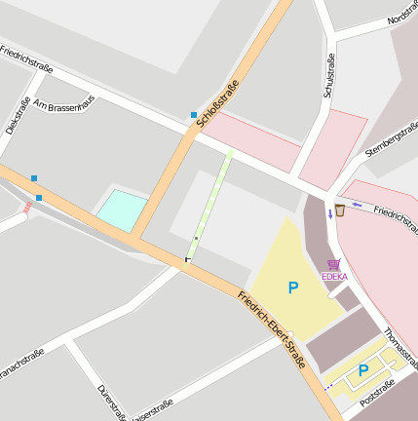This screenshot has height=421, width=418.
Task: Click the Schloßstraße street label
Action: [x=217, y=103]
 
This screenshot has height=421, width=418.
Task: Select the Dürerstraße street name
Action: [x=110, y=402]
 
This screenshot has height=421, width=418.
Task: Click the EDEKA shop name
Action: [x=334, y=276]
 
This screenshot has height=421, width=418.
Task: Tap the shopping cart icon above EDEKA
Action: [x=334, y=264]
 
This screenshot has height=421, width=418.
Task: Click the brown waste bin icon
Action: [x=340, y=210]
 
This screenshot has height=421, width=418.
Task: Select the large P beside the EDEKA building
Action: [x=292, y=287]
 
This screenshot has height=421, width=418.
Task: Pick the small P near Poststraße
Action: [x=363, y=369]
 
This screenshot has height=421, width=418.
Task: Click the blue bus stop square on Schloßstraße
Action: [x=194, y=115]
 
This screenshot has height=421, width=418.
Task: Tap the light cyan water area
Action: [x=122, y=210]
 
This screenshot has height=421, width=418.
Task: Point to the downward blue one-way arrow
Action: [x=330, y=212]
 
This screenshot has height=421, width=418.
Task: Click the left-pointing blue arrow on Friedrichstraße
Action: [x=358, y=205]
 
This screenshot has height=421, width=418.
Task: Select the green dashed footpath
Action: [x=212, y=201]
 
